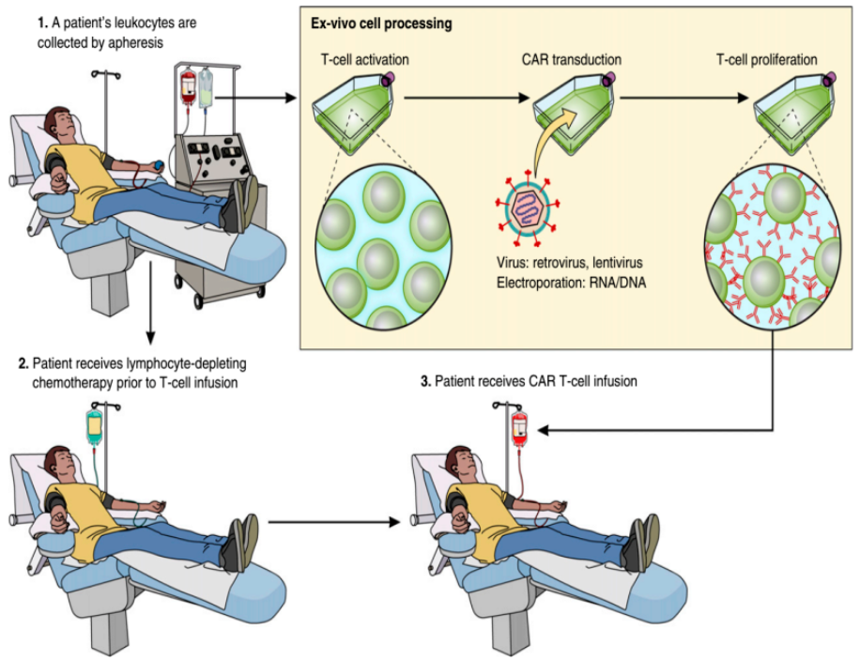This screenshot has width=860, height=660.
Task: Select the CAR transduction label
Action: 571,60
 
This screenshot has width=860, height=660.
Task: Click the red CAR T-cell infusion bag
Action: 518,428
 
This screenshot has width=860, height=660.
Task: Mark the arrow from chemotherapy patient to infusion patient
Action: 333,520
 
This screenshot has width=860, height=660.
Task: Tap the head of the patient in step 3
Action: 463,463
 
